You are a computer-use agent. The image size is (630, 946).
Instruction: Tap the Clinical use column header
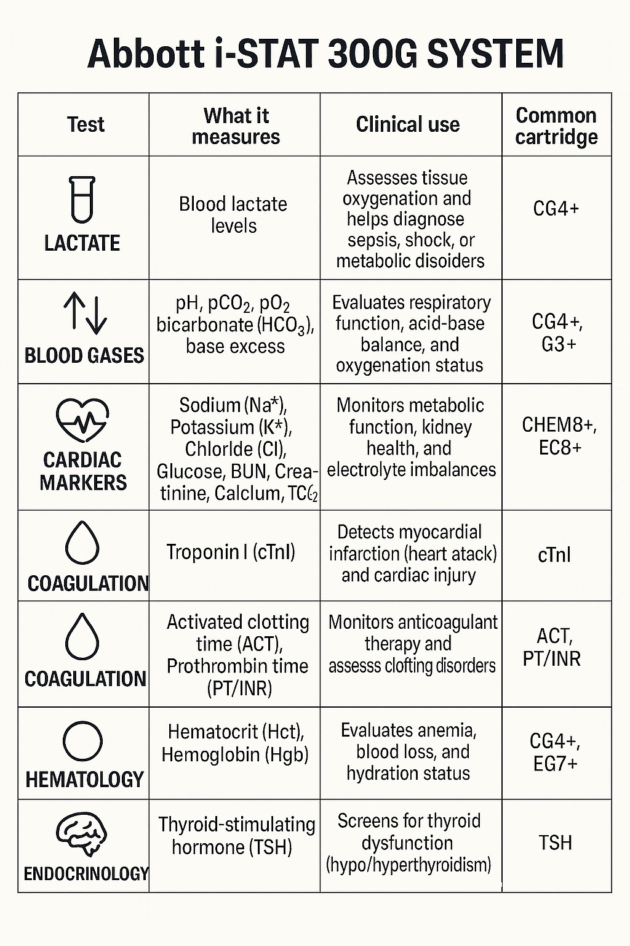point(408,124)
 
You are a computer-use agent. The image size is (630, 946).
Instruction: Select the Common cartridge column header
point(556,126)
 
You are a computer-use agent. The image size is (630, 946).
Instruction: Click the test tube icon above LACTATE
point(82,200)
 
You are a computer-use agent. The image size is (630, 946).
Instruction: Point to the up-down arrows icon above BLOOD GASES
point(86,313)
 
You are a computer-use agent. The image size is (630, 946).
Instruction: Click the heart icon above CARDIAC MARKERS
point(82,419)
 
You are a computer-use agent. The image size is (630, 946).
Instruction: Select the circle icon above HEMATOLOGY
point(82,742)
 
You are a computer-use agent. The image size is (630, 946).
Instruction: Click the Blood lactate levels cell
point(233,215)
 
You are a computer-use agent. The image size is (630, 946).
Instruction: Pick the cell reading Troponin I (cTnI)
point(231,552)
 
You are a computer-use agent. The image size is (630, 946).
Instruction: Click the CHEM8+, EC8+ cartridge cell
point(559,436)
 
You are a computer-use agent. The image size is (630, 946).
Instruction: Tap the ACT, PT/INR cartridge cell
point(552,647)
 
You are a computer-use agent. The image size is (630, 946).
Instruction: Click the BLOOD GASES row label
point(84,355)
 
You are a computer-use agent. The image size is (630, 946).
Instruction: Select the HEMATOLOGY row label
point(85,780)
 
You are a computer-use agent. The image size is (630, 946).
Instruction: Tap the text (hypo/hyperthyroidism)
point(409,864)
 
